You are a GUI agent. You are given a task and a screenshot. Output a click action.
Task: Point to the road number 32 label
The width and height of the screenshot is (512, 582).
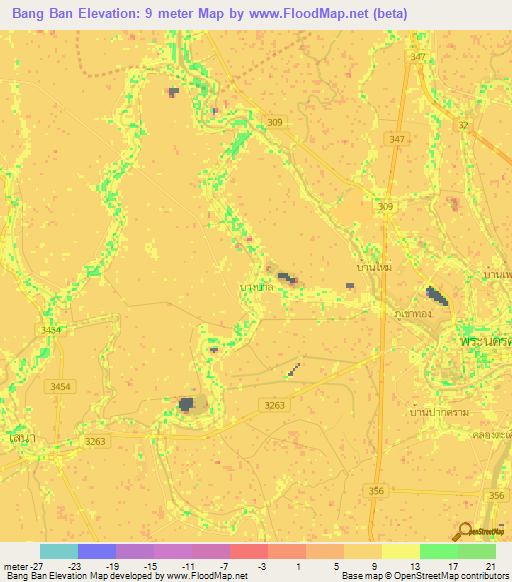pyautogui.click(x=462, y=125)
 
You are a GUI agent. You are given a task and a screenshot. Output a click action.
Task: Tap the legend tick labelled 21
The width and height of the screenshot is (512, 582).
pyautogui.click(x=488, y=565)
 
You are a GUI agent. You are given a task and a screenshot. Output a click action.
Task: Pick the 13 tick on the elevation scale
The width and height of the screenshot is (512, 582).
pyautogui.click(x=412, y=565)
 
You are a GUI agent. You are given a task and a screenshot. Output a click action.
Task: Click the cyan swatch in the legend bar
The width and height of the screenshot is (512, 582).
pyautogui.click(x=59, y=551)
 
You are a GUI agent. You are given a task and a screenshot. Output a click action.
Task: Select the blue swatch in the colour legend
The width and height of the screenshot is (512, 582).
pyautogui.click(x=97, y=551)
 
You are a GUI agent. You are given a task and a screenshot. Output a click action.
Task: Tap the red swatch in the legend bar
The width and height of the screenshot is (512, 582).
pyautogui.click(x=249, y=551)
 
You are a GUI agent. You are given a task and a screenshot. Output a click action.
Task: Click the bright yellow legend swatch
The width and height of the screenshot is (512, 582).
pyautogui.click(x=401, y=551)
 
